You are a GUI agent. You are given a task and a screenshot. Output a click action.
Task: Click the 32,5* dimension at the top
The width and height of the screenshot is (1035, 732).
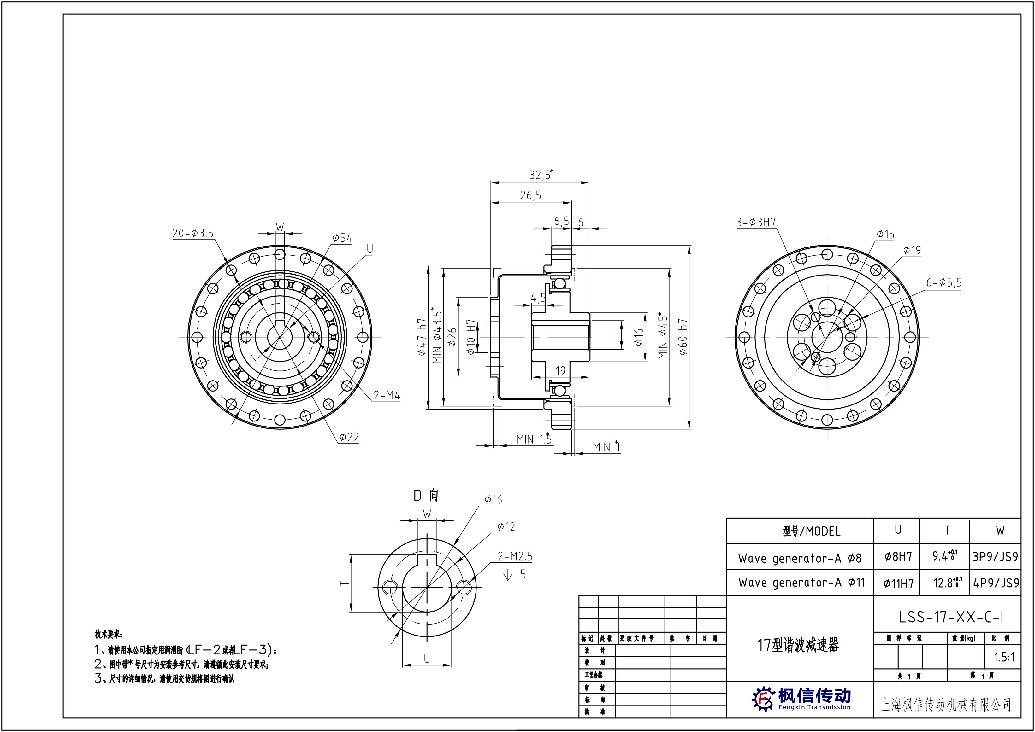pyautogui.click(x=541, y=174)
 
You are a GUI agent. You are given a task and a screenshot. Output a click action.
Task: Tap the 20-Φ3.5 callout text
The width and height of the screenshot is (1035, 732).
pyautogui.click(x=193, y=233)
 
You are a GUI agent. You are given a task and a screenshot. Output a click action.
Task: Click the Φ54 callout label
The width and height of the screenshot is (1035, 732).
pyautogui.click(x=342, y=238)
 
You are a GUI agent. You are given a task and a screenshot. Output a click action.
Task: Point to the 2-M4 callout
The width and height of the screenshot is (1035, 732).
pyautogui.click(x=387, y=396)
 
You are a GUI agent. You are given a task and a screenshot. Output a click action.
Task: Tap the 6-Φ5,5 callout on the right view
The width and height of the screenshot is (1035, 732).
pyautogui.click(x=944, y=282)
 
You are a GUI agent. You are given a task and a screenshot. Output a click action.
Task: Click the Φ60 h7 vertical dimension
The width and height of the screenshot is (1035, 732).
pyautogui.click(x=683, y=337)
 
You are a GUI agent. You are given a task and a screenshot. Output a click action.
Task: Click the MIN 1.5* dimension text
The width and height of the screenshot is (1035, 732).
pyautogui.click(x=534, y=439)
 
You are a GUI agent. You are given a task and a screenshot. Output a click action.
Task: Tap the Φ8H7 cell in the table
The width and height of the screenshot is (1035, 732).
pyautogui.click(x=898, y=557)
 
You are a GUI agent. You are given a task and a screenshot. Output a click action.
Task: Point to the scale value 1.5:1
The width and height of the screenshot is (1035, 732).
pyautogui.click(x=1004, y=657)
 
